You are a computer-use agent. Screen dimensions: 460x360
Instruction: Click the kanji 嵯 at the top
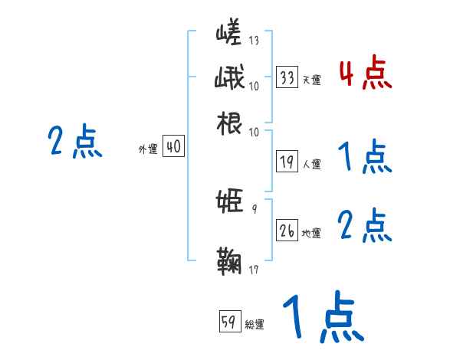coord(229,35)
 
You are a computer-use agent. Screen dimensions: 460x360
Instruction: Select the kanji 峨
coord(229,79)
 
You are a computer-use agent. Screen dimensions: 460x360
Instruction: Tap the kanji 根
coord(229,123)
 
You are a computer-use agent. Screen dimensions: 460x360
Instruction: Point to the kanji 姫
coord(229,202)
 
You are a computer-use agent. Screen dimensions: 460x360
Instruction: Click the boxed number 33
coord(287,77)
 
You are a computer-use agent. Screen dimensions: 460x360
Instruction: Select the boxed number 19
coord(287,162)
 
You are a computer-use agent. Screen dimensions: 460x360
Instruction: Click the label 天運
coord(311,80)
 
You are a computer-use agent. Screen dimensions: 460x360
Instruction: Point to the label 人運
coord(311,164)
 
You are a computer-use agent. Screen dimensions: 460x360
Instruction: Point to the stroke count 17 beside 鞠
coord(254,269)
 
